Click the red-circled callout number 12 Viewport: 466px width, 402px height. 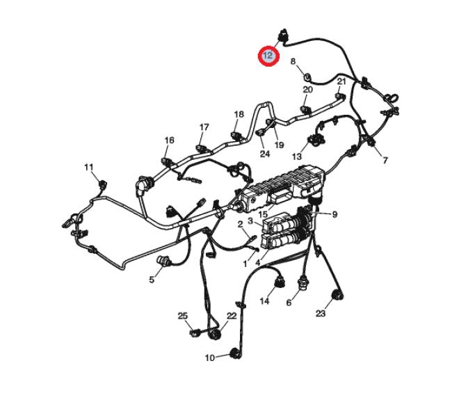coord(268,56)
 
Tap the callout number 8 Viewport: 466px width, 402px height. coord(293,61)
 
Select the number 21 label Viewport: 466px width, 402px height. coord(342,81)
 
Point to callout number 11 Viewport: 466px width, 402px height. coord(89,168)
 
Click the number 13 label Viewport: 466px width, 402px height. coord(297,156)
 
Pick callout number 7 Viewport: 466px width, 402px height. coord(385,161)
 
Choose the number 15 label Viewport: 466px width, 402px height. coord(263,214)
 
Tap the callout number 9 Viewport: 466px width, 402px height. coord(335,214)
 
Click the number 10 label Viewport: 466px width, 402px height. coord(210,357)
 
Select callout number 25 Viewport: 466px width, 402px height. coord(183,316)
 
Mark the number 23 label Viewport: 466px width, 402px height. coord(321,313)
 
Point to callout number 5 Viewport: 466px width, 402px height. coord(152,280)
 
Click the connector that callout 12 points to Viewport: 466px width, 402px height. coord(282,35)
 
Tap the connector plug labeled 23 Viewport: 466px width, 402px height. coord(338,295)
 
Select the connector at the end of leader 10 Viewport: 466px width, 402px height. coord(236,353)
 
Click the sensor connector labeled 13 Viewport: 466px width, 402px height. coord(316,139)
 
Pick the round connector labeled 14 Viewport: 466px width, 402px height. coord(280,282)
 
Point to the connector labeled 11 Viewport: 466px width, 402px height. coord(103,184)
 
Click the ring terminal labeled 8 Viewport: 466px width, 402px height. coord(307,77)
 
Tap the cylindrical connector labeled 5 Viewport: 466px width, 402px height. coord(163,260)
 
